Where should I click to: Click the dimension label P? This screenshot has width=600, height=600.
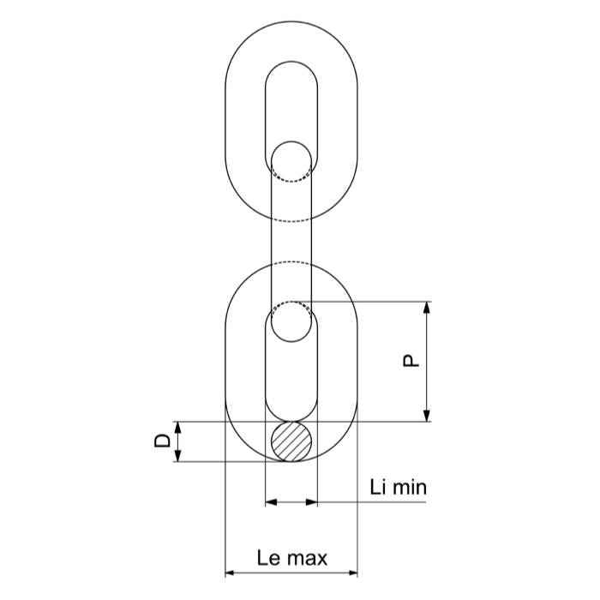(x=411, y=361)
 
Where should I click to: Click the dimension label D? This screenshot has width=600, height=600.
(x=162, y=441)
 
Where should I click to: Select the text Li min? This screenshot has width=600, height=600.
(x=398, y=487)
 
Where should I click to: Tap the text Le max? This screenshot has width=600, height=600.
(x=292, y=558)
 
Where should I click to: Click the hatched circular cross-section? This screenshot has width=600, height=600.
(x=291, y=441)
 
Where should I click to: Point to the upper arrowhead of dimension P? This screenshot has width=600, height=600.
(x=427, y=307)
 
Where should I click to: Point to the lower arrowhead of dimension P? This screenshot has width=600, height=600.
(x=427, y=416)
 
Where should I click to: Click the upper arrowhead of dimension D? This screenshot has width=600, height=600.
(x=177, y=427)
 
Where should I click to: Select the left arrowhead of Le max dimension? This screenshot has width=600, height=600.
(x=231, y=573)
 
